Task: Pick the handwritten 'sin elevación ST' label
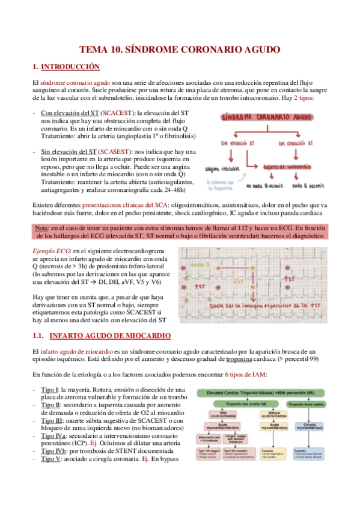click(233, 144)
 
